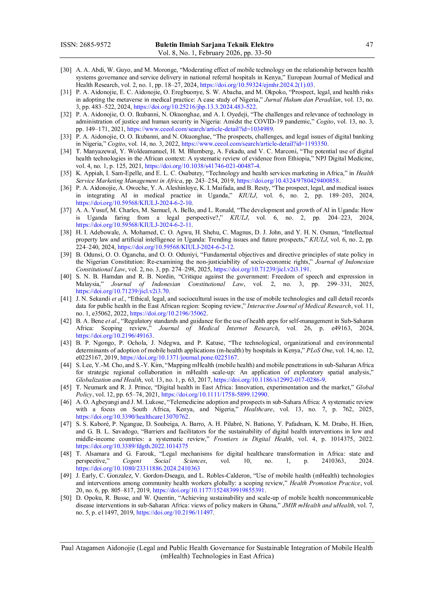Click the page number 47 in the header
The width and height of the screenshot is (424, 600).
[x=369, y=45]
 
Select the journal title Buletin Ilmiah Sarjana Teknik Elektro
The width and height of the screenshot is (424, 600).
[x=214, y=45]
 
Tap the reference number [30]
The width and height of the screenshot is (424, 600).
[x=66, y=70]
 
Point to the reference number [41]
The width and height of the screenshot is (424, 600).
[x=66, y=299]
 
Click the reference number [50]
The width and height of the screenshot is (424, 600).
[x=66, y=498]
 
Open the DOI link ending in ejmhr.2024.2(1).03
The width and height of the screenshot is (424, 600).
[x=257, y=85]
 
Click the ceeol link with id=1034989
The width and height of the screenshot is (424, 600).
[x=200, y=129]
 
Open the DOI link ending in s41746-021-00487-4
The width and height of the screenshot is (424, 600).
[x=202, y=166]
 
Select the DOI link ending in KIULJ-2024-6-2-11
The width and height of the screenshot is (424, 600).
[x=134, y=225]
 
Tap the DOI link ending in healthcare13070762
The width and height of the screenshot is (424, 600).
[x=132, y=417]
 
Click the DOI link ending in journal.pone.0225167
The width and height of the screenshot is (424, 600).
[x=179, y=357]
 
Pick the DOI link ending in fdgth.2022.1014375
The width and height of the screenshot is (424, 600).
[x=132, y=446]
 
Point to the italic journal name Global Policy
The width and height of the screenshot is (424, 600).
[x=225, y=391]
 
